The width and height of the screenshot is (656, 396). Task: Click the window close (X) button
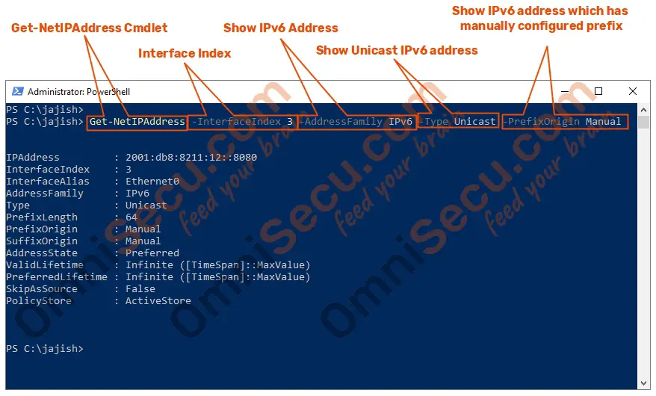click(x=633, y=91)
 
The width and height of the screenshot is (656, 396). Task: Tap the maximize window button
click(x=598, y=91)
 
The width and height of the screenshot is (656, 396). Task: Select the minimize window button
click(x=564, y=91)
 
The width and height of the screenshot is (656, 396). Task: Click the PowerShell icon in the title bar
click(x=18, y=91)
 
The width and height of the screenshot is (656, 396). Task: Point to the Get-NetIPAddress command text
click(x=137, y=122)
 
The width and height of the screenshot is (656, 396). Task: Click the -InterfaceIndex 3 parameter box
click(x=243, y=122)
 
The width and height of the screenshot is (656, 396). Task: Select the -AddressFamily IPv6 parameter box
click(x=357, y=122)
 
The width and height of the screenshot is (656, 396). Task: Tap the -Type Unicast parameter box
click(x=459, y=121)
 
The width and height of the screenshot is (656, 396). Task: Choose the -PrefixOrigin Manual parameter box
click(x=565, y=122)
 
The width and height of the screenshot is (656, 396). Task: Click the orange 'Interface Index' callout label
click(x=185, y=54)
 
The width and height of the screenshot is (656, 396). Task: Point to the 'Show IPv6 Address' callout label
click(x=280, y=28)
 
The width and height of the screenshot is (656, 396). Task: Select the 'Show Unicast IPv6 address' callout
click(x=397, y=50)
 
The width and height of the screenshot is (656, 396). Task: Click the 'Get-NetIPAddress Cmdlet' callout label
click(x=89, y=28)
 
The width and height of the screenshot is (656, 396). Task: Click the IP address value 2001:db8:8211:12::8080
click(x=191, y=158)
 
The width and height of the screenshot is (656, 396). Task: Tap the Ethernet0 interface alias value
click(x=152, y=182)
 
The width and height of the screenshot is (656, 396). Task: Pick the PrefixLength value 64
click(x=131, y=217)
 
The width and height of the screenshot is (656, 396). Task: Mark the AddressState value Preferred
click(x=152, y=253)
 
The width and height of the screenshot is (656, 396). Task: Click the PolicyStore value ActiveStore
click(x=158, y=301)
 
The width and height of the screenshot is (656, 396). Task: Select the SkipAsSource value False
click(x=140, y=289)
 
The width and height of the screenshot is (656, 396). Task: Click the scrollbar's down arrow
click(x=643, y=383)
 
